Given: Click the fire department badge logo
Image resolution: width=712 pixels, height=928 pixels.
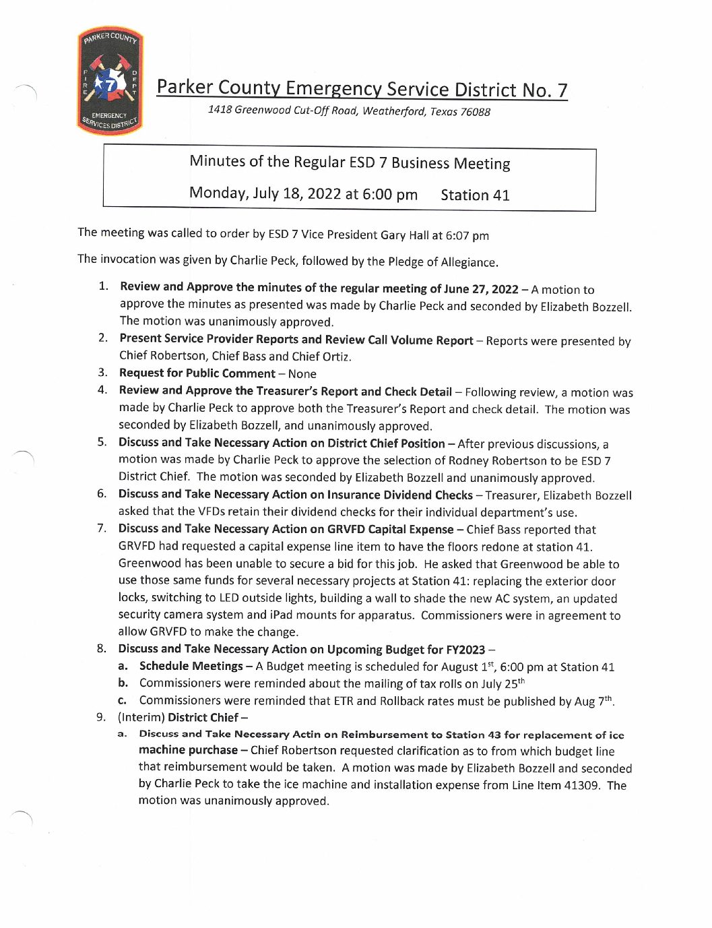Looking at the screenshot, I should click(x=110, y=81).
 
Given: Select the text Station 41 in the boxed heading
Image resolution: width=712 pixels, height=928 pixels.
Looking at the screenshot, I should click(x=475, y=195).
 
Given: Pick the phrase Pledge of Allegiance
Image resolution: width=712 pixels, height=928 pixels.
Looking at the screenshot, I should click(x=442, y=262).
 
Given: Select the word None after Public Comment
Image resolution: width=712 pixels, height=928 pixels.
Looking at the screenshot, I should click(x=302, y=374).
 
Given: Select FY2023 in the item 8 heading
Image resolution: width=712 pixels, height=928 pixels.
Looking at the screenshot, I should click(x=465, y=650).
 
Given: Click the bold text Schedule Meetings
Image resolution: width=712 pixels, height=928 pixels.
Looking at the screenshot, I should click(x=191, y=667).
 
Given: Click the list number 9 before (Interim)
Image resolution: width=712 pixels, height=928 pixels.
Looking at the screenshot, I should click(x=100, y=717).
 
